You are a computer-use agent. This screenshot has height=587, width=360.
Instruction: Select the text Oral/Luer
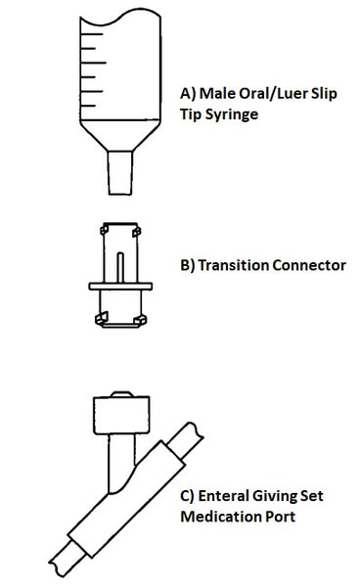pyautogui.click(x=270, y=95)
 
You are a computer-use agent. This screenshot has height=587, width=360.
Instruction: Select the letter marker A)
pyautogui.click(x=189, y=95)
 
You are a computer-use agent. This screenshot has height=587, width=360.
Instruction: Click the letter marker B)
pyautogui.click(x=189, y=264)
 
